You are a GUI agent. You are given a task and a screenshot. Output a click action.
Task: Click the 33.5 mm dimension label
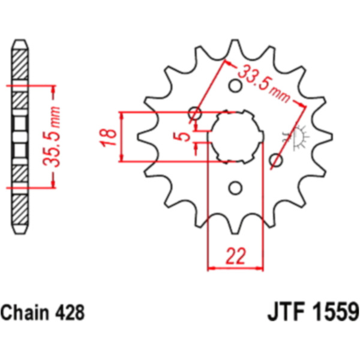(x=263, y=83)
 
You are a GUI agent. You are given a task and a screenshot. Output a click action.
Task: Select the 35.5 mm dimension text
(x=52, y=136)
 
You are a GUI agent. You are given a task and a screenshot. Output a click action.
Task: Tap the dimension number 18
(x=107, y=137)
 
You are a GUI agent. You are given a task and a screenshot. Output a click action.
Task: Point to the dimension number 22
(x=236, y=256)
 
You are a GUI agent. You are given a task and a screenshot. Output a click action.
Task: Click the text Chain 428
(x=43, y=313)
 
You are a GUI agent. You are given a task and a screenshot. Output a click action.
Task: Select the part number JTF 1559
(x=313, y=312)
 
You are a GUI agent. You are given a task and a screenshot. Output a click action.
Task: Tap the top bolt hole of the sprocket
(x=235, y=86)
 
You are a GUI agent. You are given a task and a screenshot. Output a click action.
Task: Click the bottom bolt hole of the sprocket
(x=235, y=188)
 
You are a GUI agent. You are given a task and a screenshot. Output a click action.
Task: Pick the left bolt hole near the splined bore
(x=195, y=113)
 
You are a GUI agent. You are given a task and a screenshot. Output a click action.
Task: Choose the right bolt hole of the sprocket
(x=276, y=160)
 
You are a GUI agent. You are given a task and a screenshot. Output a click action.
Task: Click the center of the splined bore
(x=236, y=137)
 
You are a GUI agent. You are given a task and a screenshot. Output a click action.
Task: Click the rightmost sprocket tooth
(x=325, y=137)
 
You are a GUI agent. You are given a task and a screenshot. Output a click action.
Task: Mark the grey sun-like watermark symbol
(x=296, y=137)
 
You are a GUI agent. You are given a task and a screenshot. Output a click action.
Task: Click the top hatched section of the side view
(x=20, y=64)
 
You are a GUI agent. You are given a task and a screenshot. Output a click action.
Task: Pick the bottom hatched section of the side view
(x=20, y=209)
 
